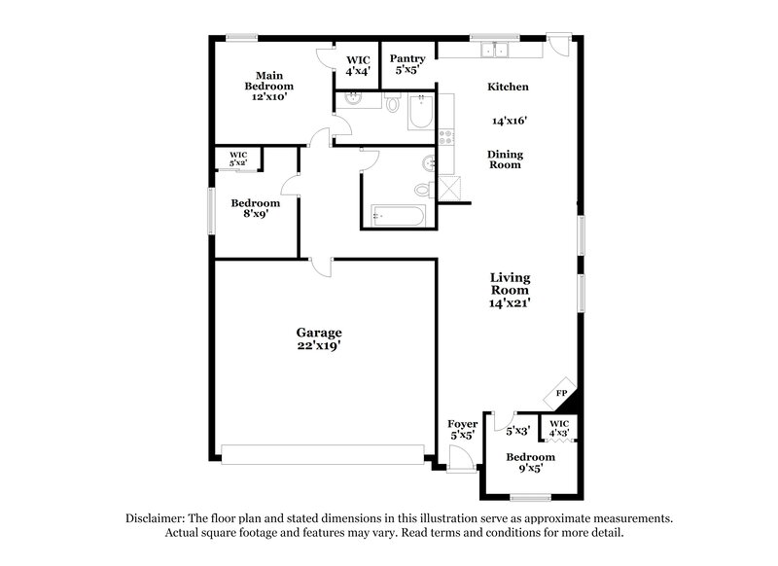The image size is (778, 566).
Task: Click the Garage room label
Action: coord(319,338)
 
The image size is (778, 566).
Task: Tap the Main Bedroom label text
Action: coord(269,86)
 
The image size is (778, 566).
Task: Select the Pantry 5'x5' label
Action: coord(407,64)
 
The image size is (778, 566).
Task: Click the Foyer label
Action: coord(461,430)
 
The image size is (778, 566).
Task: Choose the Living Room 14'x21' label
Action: coord(510,290)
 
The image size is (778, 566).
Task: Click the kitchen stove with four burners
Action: coord(446,139)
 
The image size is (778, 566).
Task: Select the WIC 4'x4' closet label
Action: coord(356,64)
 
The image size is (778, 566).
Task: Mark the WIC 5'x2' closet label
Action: coord(238,158)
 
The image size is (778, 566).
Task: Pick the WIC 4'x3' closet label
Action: coord(558,428)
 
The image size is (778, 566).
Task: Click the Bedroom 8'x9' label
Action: coord(255,209)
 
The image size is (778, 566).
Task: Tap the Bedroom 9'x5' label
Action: coord(530,462)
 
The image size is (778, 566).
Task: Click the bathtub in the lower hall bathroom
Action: coord(397,215)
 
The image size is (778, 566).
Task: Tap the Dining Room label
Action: coord(505,159)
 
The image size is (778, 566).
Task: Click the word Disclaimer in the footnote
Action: coord(158,518)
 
